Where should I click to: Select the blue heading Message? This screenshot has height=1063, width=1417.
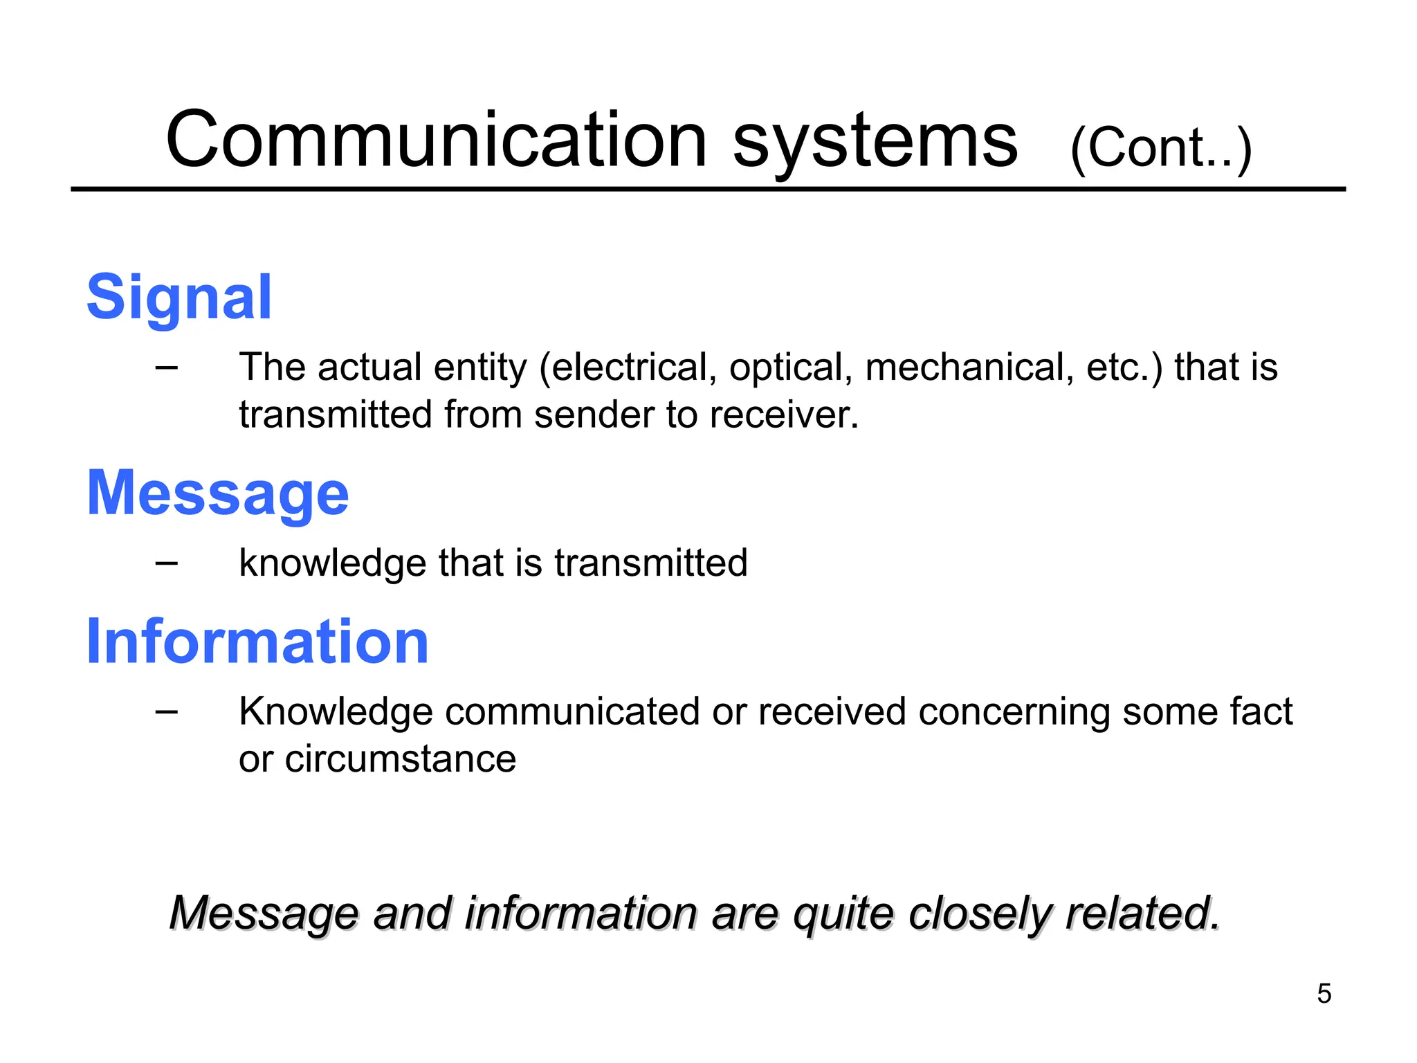pos(217,494)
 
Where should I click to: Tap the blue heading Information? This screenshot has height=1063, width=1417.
pos(257,642)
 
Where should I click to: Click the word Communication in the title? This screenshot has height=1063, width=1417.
pos(436,140)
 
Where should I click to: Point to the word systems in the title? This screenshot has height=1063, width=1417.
pos(875,143)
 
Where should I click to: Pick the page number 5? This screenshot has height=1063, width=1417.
pos(1324,994)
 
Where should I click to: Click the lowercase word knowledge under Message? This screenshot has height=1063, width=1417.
pos(332,563)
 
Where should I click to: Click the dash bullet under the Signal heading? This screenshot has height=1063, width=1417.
pos(167,367)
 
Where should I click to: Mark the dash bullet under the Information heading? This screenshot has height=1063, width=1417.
pos(167,711)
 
